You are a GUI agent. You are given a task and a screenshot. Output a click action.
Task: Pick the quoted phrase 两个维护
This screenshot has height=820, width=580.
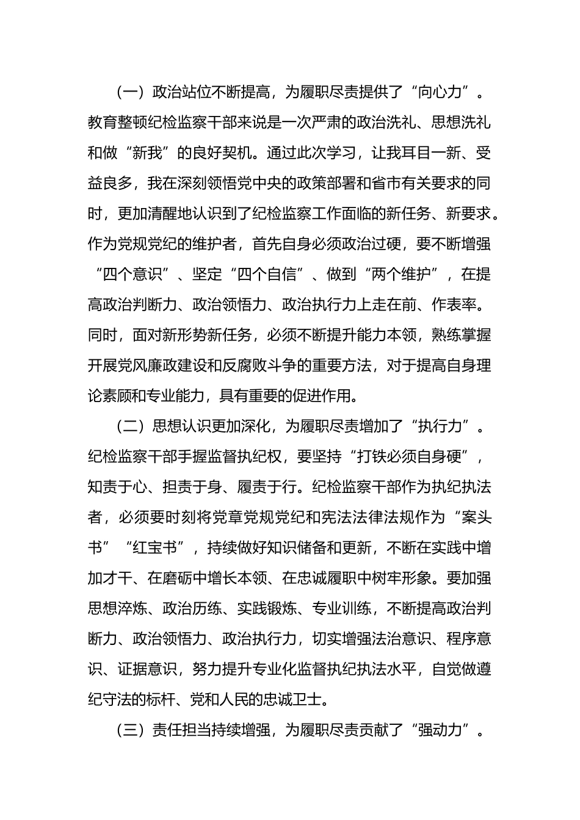point(407,275)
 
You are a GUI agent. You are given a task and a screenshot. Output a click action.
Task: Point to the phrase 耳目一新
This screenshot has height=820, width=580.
point(426,153)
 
